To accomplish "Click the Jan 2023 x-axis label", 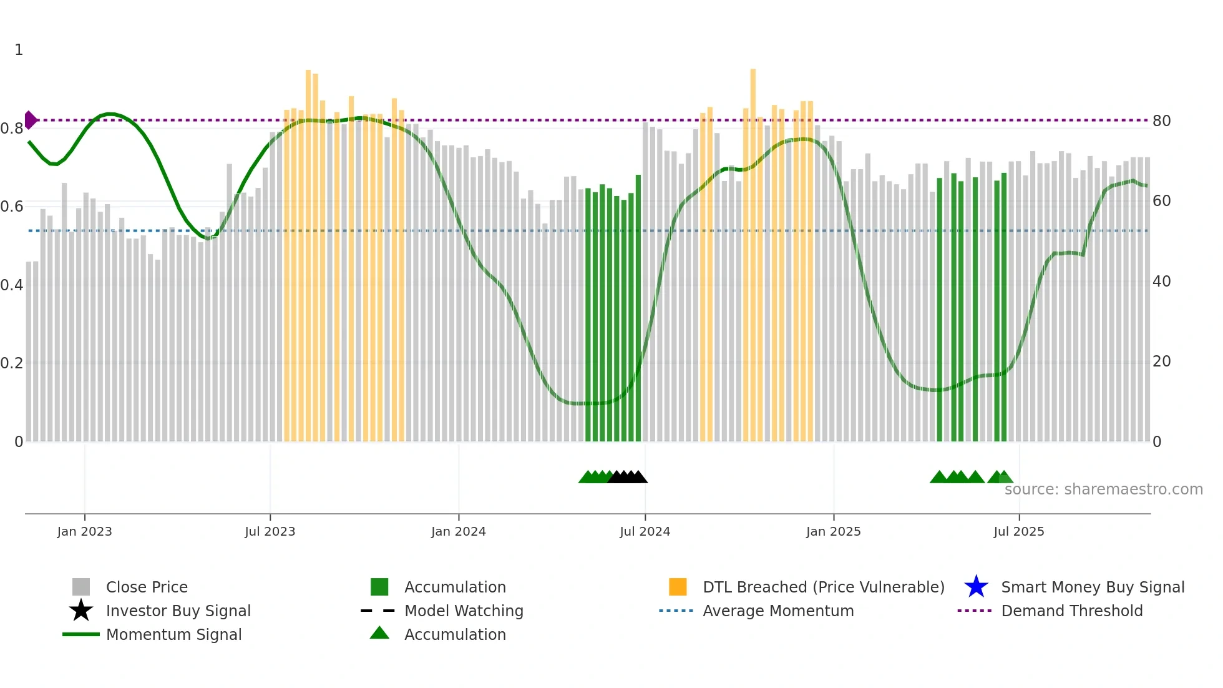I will coord(84,531).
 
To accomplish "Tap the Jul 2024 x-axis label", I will coord(645,531).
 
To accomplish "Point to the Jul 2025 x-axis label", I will coord(1018,531).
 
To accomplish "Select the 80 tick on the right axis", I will coord(1161,121).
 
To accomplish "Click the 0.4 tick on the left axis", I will coord(12,285).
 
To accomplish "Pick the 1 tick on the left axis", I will coord(19,50).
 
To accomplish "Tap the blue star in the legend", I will coord(976,587).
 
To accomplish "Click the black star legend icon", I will coord(81,611).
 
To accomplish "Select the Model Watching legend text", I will coord(464,611).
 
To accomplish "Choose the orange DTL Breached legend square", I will coord(678,587).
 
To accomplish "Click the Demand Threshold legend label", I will coord(1071,611).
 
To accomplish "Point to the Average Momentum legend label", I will coord(778,611).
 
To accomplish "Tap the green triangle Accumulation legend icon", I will coord(379,633).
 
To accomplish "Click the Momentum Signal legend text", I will coord(173,634).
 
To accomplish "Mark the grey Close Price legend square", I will coord(81,587).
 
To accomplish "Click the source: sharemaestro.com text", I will coord(1103,489).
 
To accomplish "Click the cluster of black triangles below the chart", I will coord(628,477).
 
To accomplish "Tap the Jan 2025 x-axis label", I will coord(833,531).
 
